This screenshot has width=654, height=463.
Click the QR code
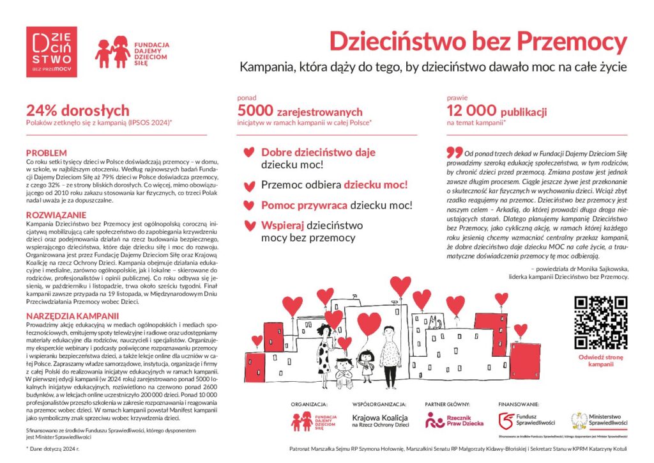click(x=600, y=322)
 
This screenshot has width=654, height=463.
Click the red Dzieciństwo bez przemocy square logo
click(x=52, y=52)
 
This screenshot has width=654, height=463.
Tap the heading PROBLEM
click(x=46, y=153)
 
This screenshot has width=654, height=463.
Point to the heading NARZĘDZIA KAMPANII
click(x=72, y=316)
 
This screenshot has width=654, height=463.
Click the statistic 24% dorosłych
click(x=77, y=111)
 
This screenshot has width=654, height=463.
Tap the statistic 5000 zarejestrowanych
click(x=300, y=112)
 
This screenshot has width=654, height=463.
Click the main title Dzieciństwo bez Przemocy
click(x=478, y=42)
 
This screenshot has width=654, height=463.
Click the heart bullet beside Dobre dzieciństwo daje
click(x=248, y=153)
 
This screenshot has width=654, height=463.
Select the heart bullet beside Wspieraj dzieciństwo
click(x=248, y=226)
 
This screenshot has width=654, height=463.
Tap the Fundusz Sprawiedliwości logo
click(x=528, y=420)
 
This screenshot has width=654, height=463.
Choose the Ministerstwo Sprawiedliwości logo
click(x=600, y=420)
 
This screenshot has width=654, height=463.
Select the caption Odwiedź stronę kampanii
click(x=600, y=360)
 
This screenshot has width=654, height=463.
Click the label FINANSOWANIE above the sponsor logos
click(x=519, y=405)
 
